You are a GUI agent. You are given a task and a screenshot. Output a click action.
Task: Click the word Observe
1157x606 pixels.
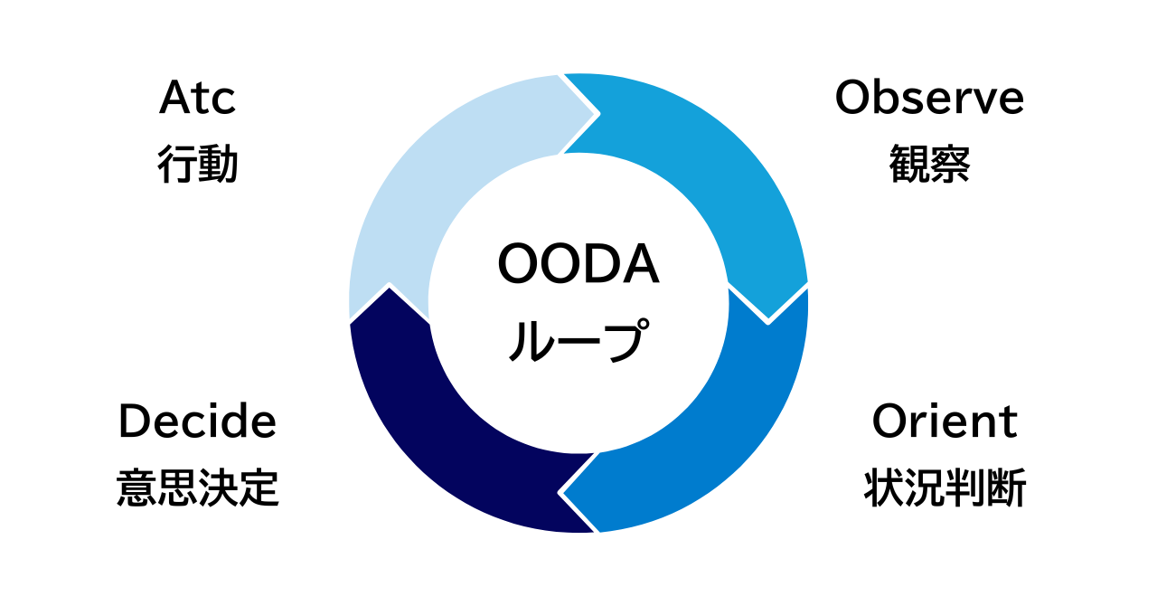929,98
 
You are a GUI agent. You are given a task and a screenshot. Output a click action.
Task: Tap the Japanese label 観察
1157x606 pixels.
929,165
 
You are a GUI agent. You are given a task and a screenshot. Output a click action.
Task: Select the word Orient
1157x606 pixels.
945,421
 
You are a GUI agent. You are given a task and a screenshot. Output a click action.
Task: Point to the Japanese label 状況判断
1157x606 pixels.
945,488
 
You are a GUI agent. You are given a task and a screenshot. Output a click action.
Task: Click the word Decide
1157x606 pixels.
197,421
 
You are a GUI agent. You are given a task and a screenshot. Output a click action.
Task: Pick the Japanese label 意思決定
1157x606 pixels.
197,488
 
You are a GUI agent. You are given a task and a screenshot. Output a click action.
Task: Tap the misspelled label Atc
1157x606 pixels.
197,98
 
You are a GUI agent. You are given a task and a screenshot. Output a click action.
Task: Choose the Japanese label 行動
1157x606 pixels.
197,165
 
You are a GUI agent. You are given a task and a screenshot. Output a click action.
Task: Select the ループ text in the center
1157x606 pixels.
578,339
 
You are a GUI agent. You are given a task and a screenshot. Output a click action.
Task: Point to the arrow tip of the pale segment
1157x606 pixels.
597,115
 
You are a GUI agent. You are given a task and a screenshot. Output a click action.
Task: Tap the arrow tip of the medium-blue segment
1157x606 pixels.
561,494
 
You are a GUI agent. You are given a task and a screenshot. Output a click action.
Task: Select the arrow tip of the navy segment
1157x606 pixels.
390,288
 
